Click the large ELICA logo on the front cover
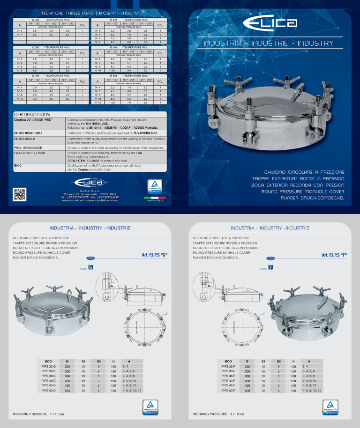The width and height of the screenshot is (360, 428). coord(269,23)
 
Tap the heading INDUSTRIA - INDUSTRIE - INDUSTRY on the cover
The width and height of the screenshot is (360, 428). coord(269,44)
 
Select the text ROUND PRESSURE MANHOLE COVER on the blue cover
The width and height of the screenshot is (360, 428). coord(309,192)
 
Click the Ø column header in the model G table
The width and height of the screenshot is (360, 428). coord(68,361)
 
